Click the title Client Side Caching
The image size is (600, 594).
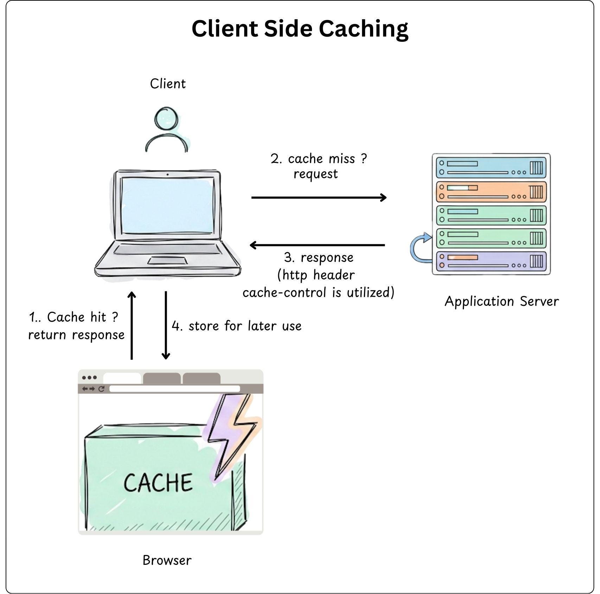[300, 29]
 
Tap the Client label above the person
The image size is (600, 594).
[167, 84]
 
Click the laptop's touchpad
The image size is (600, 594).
[167, 260]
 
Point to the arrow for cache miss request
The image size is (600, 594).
[318, 198]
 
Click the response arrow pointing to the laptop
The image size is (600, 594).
[317, 245]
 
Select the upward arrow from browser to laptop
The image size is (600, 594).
[132, 325]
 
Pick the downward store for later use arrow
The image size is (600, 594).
[166, 325]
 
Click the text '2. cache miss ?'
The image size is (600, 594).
[318, 159]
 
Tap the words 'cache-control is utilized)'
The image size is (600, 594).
[318, 292]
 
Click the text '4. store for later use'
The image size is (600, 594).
[236, 326]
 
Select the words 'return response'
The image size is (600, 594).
[76, 335]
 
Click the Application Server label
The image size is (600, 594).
[501, 302]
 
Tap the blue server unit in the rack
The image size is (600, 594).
[491, 168]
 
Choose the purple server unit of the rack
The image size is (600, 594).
[491, 262]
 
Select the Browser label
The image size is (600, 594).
[167, 560]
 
